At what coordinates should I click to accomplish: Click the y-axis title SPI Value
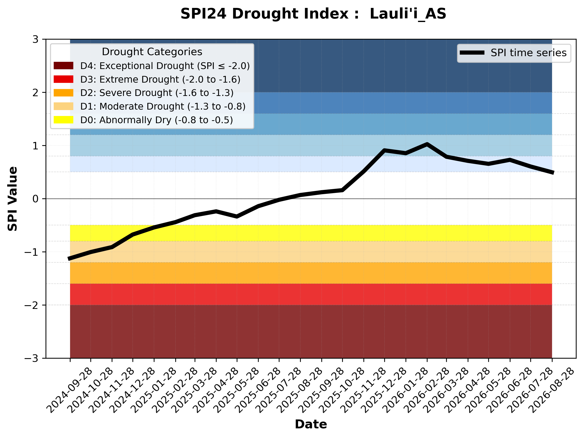pyautogui.click(x=12, y=199)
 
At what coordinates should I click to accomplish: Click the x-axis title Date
pyautogui.click(x=311, y=424)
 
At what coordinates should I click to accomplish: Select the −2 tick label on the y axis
pyautogui.click(x=31, y=305)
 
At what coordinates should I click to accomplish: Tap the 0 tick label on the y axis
pyautogui.click(x=35, y=199)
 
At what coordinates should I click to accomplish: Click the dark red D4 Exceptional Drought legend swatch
pyautogui.click(x=63, y=66)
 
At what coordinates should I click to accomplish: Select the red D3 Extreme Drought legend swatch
pyautogui.click(x=63, y=79)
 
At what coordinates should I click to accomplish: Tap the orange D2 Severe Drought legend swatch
pyautogui.click(x=63, y=93)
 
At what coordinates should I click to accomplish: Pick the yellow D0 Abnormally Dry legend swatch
pyautogui.click(x=63, y=120)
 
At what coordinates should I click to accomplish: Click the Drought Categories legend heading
pyautogui.click(x=152, y=52)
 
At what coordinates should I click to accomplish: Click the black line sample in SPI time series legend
pyautogui.click(x=472, y=53)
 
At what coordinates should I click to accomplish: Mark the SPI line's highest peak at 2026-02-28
pyautogui.click(x=427, y=144)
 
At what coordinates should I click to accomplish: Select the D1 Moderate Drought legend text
pyautogui.click(x=163, y=106)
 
